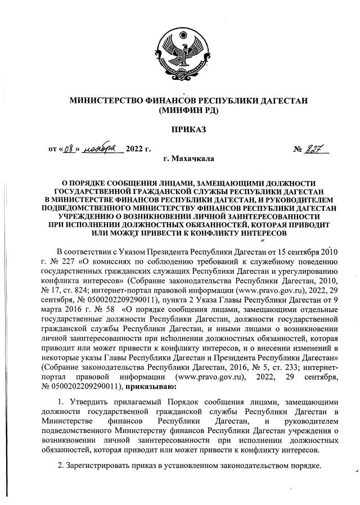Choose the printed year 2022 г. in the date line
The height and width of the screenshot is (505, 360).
(139, 150)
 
